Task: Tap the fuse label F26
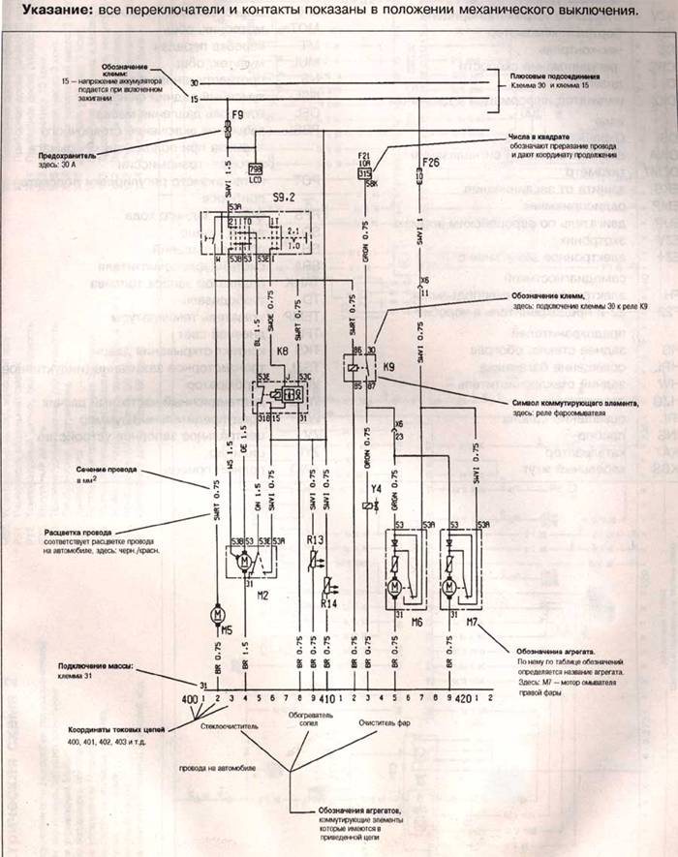(431, 163)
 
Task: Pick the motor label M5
(226, 629)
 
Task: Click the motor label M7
(472, 621)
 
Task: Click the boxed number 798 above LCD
(257, 167)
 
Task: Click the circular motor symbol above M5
(216, 613)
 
